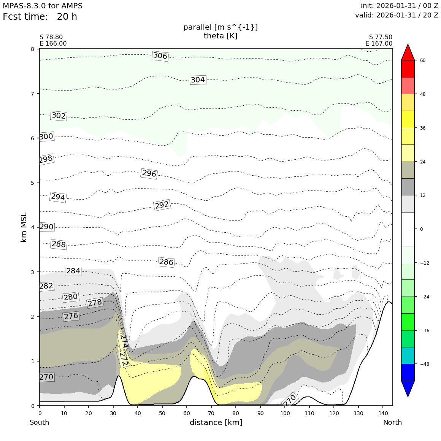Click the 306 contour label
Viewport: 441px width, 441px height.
[x=160, y=56]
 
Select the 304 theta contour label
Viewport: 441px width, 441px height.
[x=198, y=80]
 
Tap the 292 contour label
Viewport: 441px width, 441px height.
[x=162, y=205]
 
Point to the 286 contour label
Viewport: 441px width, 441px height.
[x=166, y=262]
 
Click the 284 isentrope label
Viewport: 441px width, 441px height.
[x=73, y=271]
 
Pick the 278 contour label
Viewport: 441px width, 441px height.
[x=95, y=303]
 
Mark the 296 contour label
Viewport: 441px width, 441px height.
[x=149, y=174]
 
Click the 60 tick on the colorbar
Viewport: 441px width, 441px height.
[x=423, y=60]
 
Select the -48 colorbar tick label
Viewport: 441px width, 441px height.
[x=424, y=364]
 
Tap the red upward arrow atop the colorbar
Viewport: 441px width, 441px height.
[x=408, y=52]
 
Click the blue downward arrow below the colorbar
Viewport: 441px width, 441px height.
[x=408, y=389]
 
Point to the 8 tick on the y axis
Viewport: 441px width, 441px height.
[x=33, y=49]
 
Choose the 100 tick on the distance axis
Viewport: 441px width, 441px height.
[x=284, y=413]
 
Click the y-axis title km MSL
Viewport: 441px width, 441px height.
[x=24, y=227]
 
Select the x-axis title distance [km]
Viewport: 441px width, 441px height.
[x=216, y=422]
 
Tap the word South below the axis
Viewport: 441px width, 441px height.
[x=40, y=422]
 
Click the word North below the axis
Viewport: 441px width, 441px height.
[x=392, y=422]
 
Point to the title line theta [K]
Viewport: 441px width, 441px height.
[x=220, y=36]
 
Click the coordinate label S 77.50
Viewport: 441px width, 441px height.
[x=381, y=37]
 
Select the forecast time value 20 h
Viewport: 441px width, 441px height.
[x=67, y=17]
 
